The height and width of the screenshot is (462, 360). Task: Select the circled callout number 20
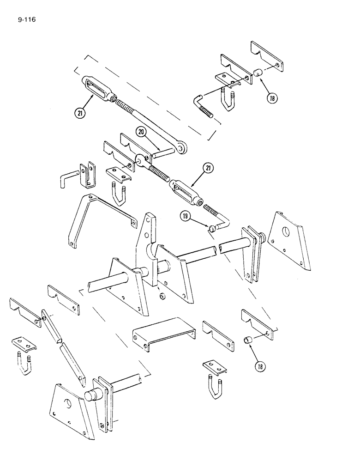click(142, 133)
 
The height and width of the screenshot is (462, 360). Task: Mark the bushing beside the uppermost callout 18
click(257, 73)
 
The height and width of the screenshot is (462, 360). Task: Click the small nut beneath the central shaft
click(162, 295)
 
